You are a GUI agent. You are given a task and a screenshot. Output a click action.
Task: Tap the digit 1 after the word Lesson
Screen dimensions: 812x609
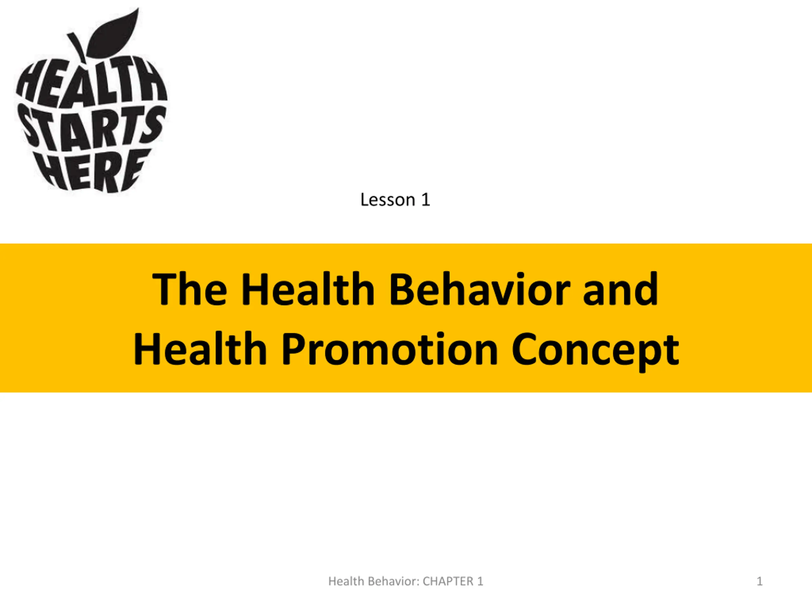point(425,200)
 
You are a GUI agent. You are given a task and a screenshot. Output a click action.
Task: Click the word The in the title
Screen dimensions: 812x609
point(190,289)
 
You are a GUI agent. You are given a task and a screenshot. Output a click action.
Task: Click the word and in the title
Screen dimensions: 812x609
point(620,289)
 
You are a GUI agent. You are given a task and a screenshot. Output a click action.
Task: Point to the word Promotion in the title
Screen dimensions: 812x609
point(390,349)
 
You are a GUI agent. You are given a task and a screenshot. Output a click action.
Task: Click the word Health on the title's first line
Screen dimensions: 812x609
point(308,289)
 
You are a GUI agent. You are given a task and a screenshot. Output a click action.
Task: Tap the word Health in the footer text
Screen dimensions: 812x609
point(347,581)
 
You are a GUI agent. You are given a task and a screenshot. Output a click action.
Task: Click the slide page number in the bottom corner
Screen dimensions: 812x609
point(760,581)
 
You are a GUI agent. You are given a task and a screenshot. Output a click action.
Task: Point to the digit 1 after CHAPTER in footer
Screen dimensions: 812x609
point(480,581)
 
